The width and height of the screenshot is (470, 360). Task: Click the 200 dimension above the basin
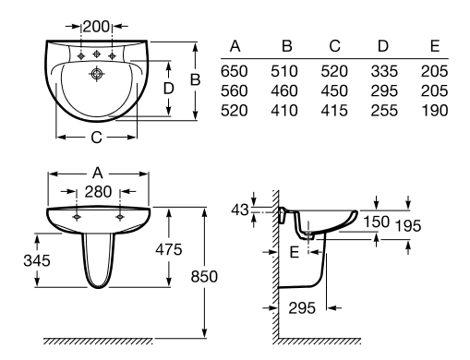pyautogui.click(x=96, y=27)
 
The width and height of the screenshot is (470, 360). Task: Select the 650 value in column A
pyautogui.click(x=235, y=71)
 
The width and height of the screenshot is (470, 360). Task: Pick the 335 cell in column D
pyautogui.click(x=384, y=71)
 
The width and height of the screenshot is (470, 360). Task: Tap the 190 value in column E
pyautogui.click(x=435, y=111)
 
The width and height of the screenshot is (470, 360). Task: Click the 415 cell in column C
pyautogui.click(x=334, y=111)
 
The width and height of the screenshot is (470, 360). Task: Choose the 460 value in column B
pyautogui.click(x=284, y=91)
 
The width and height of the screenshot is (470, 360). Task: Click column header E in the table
pyautogui.click(x=435, y=46)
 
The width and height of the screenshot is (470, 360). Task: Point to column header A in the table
pyautogui.click(x=235, y=46)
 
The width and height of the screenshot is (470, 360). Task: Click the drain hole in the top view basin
pyautogui.click(x=97, y=74)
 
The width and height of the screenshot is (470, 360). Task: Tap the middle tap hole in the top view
pyautogui.click(x=97, y=54)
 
